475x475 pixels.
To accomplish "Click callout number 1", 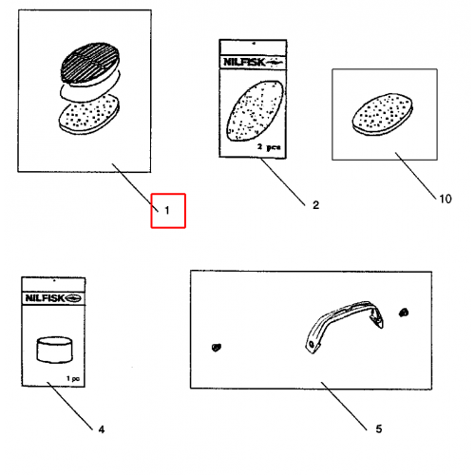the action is (167, 210).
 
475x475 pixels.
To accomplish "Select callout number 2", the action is (315, 205).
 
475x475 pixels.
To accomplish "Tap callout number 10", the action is (446, 199).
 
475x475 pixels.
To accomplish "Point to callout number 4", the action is (102, 429).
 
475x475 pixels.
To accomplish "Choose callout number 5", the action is (379, 428).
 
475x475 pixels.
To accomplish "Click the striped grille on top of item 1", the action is (90, 62).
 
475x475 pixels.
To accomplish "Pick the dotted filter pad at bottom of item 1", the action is (89, 115).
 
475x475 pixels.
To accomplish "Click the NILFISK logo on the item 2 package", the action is (254, 62).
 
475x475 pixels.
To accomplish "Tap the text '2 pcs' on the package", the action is (269, 147).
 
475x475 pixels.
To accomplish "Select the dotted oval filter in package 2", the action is (255, 110).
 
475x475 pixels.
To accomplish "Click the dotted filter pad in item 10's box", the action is (383, 114).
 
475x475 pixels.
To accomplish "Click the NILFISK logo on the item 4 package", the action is (53, 298).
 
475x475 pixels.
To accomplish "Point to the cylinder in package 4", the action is (54, 350).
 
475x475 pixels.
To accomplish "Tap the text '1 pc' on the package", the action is (73, 378).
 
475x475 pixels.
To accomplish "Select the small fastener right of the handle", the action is (404, 313).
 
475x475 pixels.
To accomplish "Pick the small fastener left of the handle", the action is (217, 348).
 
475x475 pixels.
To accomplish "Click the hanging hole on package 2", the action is (254, 43).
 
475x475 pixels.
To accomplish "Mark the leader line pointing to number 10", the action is (415, 176).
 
